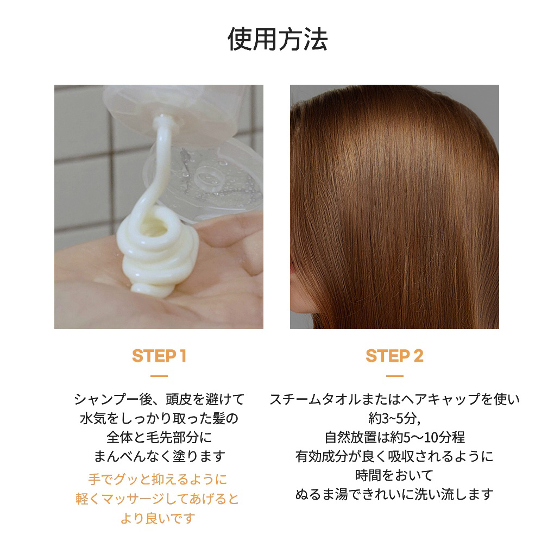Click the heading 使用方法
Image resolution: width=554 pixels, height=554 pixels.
[x=278, y=39]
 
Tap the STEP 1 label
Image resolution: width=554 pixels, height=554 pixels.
[x=159, y=356]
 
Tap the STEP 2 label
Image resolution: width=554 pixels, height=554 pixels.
[x=394, y=356]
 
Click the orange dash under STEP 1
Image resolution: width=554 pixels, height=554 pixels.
[x=159, y=376]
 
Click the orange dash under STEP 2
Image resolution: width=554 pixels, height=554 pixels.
[x=395, y=376]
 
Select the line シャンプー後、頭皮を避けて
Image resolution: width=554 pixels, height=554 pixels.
[x=159, y=399]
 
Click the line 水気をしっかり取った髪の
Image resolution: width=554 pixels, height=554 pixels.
[x=159, y=418]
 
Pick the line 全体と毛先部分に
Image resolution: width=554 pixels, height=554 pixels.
[x=159, y=437]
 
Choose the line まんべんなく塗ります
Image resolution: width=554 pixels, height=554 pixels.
[x=159, y=456]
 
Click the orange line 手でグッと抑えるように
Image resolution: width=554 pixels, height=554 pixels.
[x=158, y=480]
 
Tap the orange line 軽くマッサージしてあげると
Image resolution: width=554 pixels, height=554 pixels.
[x=158, y=499]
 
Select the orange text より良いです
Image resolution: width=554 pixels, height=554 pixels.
[x=158, y=518]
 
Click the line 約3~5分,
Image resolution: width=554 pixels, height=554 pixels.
[x=394, y=418]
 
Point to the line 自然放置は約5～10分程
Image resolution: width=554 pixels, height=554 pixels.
[x=395, y=437]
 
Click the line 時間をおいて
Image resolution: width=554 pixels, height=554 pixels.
[x=394, y=475]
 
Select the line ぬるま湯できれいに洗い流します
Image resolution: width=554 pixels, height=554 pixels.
[x=394, y=494]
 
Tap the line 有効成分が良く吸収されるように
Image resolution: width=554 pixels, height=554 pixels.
[x=394, y=456]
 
